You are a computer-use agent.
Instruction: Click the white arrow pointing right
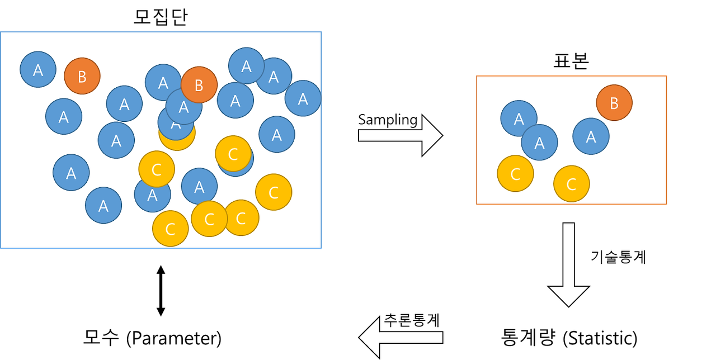[400, 135]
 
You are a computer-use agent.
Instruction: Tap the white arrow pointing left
[401, 337]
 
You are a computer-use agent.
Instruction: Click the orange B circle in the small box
[614, 103]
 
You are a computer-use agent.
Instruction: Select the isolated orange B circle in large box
[82, 76]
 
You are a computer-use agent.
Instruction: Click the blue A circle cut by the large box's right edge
[303, 98]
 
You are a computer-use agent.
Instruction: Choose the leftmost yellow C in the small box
[515, 173]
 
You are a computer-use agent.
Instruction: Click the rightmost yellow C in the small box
[572, 183]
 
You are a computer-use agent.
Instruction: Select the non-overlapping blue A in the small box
[591, 136]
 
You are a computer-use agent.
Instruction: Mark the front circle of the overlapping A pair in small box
[539, 143]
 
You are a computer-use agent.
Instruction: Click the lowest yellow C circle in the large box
[171, 229]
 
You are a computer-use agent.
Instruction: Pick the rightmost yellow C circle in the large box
[274, 192]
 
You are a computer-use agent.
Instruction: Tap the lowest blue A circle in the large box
[103, 205]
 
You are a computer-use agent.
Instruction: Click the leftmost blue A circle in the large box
[38, 69]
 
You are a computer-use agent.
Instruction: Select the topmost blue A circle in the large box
[246, 65]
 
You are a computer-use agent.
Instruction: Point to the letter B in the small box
[614, 103]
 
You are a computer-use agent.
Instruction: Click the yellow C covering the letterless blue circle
[233, 153]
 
